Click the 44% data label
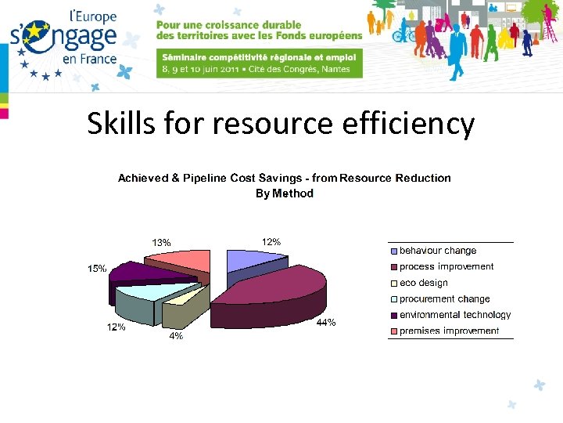pyautogui.click(x=325, y=323)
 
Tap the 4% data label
pyautogui.click(x=177, y=336)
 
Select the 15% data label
pyautogui.click(x=97, y=269)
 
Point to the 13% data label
pyautogui.click(x=161, y=241)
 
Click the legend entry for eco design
pyautogui.click(x=424, y=283)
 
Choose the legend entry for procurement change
pyautogui.click(x=444, y=298)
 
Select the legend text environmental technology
pyautogui.click(x=455, y=315)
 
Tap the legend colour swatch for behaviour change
pyautogui.click(x=394, y=251)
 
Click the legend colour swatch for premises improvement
pyautogui.click(x=394, y=331)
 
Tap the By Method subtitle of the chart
pyautogui.click(x=285, y=193)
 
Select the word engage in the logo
pyautogui.click(x=79, y=37)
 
